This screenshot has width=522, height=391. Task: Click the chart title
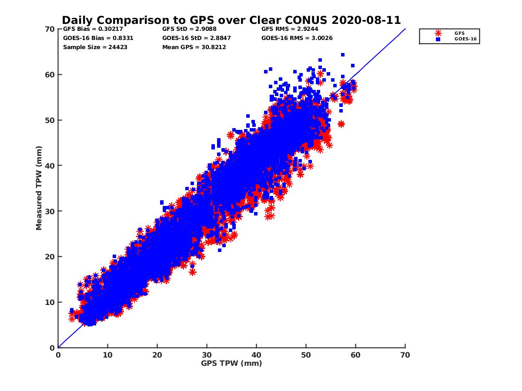point(231,20)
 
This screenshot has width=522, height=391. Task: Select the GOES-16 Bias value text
point(98,38)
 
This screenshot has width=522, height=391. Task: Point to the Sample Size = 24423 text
point(95,47)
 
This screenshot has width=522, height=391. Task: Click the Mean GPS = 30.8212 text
point(194,47)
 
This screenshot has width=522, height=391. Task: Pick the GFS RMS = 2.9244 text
point(289,29)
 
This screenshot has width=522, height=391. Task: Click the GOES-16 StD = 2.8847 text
point(196,38)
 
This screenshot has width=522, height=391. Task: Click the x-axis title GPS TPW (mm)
point(231,363)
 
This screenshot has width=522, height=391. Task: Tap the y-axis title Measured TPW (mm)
point(39,188)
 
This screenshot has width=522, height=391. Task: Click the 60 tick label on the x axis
point(355,355)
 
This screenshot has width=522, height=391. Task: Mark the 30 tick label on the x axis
point(207,355)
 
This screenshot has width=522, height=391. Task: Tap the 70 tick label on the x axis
point(405,355)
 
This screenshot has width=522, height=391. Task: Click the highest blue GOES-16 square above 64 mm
point(343,55)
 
